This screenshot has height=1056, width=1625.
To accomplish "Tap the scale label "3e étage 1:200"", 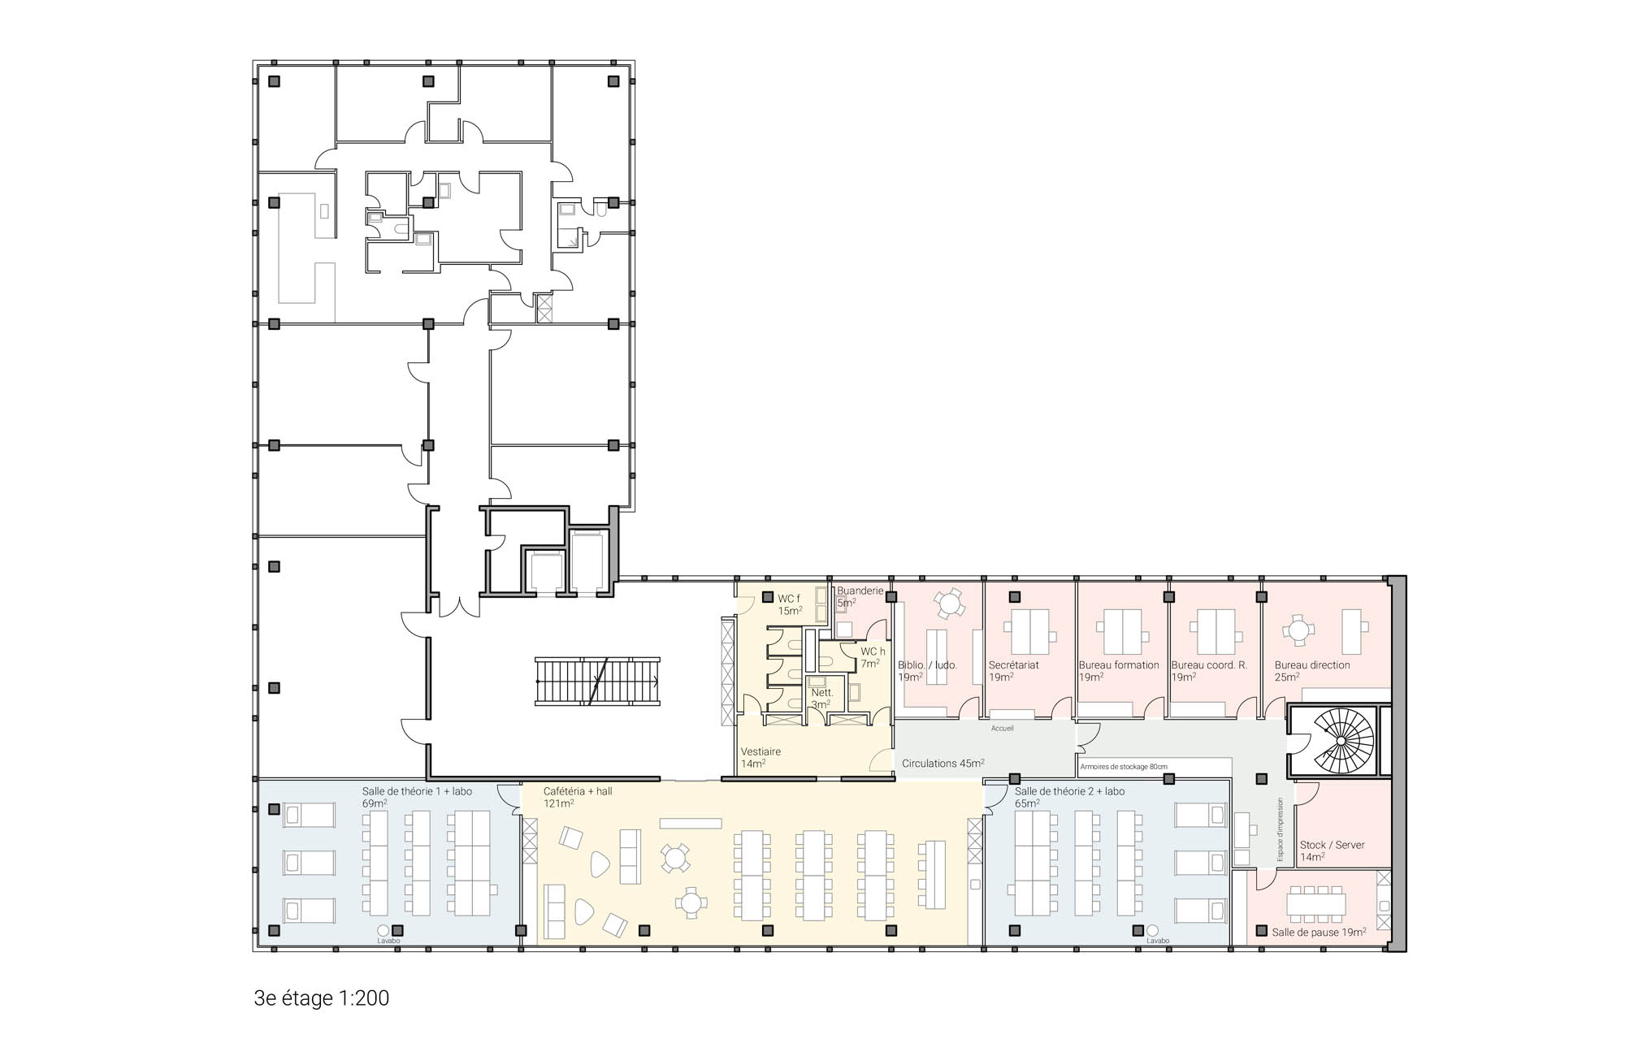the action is click(x=322, y=998).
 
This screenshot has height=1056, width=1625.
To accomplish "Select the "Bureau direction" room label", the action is click(x=1312, y=664).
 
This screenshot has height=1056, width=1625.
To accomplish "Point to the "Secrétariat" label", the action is click(x=1014, y=664).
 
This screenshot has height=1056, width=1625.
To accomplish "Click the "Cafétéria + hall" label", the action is click(x=578, y=791).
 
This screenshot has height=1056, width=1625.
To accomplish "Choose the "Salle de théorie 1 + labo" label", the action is click(x=417, y=791).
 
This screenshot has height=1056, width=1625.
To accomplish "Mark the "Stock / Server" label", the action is click(x=1332, y=845).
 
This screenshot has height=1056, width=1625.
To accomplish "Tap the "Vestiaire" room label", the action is click(x=760, y=751).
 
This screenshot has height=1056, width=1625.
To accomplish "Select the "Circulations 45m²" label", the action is click(x=943, y=763).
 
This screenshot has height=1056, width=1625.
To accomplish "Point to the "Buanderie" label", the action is click(x=860, y=591).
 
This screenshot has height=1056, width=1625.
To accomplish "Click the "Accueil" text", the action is click(x=1003, y=728).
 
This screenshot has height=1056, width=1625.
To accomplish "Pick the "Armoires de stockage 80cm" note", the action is click(x=1124, y=766).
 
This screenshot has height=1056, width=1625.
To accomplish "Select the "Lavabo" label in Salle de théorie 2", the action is click(x=1158, y=941).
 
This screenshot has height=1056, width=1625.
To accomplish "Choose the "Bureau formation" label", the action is click(x=1119, y=664).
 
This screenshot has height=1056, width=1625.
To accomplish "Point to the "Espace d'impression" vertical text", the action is click(x=1280, y=829).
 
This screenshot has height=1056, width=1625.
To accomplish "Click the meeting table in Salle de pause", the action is click(x=1316, y=903).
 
